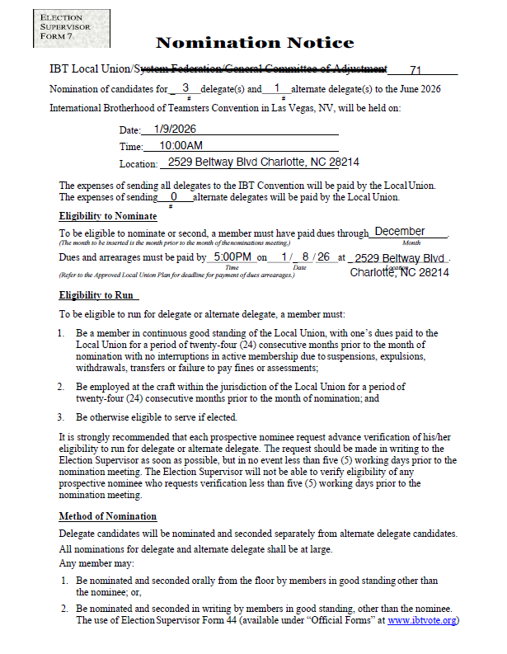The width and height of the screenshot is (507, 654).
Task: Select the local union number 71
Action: [x=415, y=70]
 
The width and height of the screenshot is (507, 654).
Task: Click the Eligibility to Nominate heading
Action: [x=108, y=216]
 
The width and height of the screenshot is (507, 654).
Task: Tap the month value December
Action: [x=400, y=232]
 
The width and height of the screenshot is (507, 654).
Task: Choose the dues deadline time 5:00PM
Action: [x=230, y=256]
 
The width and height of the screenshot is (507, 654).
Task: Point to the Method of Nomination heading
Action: [x=108, y=516]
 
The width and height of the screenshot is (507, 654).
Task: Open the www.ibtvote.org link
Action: [x=423, y=620]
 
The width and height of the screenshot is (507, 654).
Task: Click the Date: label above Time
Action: [x=129, y=130]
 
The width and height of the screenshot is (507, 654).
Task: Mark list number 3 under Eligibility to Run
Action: [x=60, y=417]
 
